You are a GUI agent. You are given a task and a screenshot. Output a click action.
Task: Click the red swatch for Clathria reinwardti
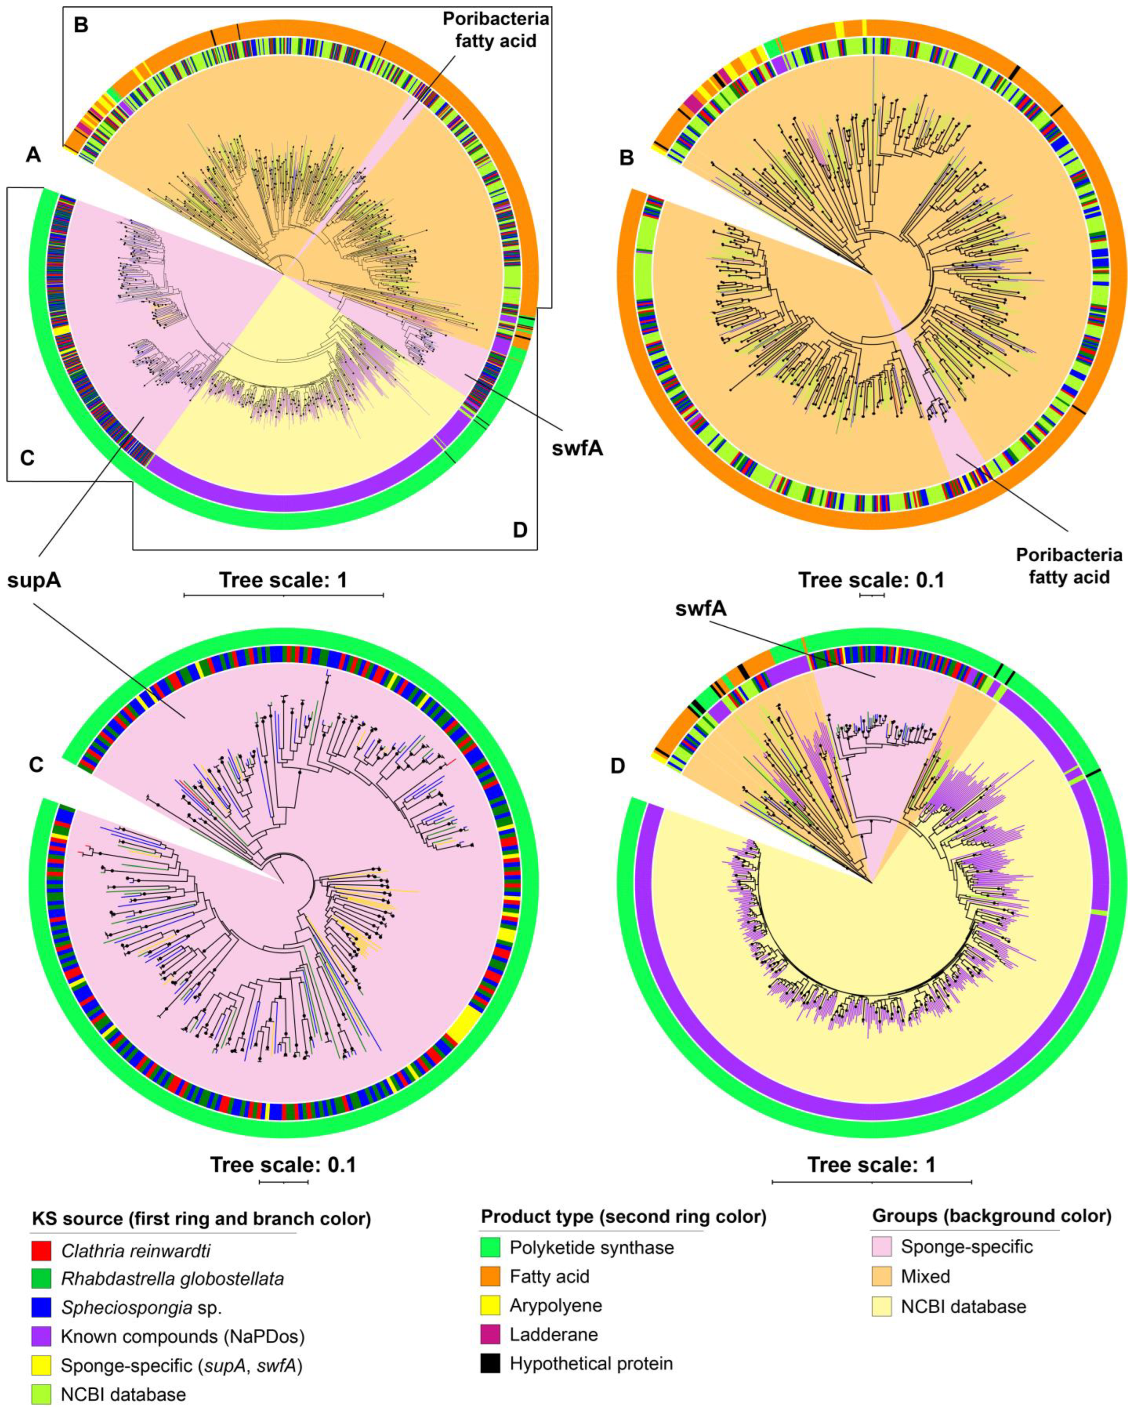(41, 1250)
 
